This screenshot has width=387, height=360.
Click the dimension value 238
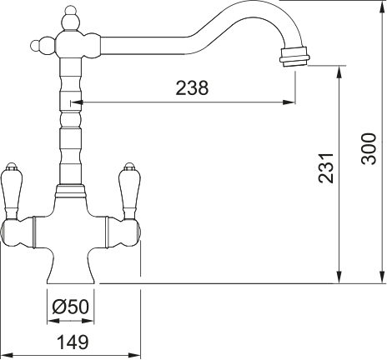192,88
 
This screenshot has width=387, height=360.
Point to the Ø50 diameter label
70,307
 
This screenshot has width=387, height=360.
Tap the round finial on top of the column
71,16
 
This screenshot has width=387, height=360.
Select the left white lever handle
13,189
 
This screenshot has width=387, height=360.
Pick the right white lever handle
131,189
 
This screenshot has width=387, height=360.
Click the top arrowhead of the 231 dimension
339,70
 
